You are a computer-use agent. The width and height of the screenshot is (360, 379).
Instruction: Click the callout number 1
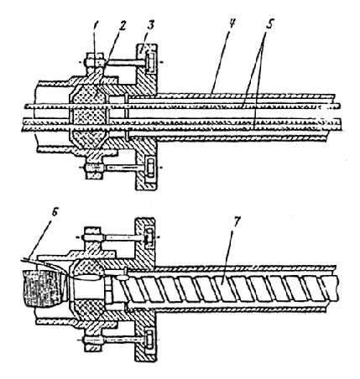96,26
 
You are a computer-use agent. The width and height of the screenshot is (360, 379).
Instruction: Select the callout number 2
122,26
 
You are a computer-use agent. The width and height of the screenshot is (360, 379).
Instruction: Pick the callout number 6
55,212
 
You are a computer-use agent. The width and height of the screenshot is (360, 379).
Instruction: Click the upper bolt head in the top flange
149,63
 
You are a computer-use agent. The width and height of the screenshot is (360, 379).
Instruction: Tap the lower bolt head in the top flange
149,169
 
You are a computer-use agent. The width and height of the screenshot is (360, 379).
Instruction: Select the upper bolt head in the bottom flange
149,238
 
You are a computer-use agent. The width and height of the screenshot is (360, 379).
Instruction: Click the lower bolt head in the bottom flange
149,340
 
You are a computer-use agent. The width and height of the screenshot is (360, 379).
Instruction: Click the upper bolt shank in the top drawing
125,63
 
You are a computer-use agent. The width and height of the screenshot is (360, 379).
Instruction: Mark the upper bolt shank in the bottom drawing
125,237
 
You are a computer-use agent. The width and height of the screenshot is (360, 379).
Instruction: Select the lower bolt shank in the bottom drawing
125,340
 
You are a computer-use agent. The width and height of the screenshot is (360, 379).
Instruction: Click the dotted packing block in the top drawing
89,115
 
